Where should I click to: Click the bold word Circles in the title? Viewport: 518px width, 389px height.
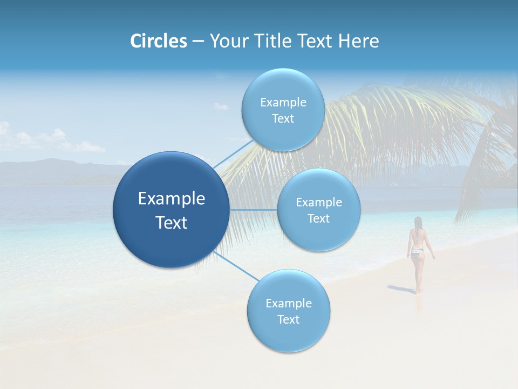[159, 41]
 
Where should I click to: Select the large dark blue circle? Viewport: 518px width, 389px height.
[171, 210]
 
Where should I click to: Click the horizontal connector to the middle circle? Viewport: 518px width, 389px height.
[253, 210]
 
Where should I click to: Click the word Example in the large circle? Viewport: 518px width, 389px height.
[171, 199]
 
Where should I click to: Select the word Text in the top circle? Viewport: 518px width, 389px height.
[283, 119]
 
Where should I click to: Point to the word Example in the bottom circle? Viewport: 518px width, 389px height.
[288, 303]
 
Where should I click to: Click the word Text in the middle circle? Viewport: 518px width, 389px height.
[318, 219]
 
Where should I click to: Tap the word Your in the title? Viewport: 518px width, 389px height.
[227, 41]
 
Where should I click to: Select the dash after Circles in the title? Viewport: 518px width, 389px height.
[198, 41]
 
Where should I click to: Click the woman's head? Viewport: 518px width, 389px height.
[418, 222]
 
